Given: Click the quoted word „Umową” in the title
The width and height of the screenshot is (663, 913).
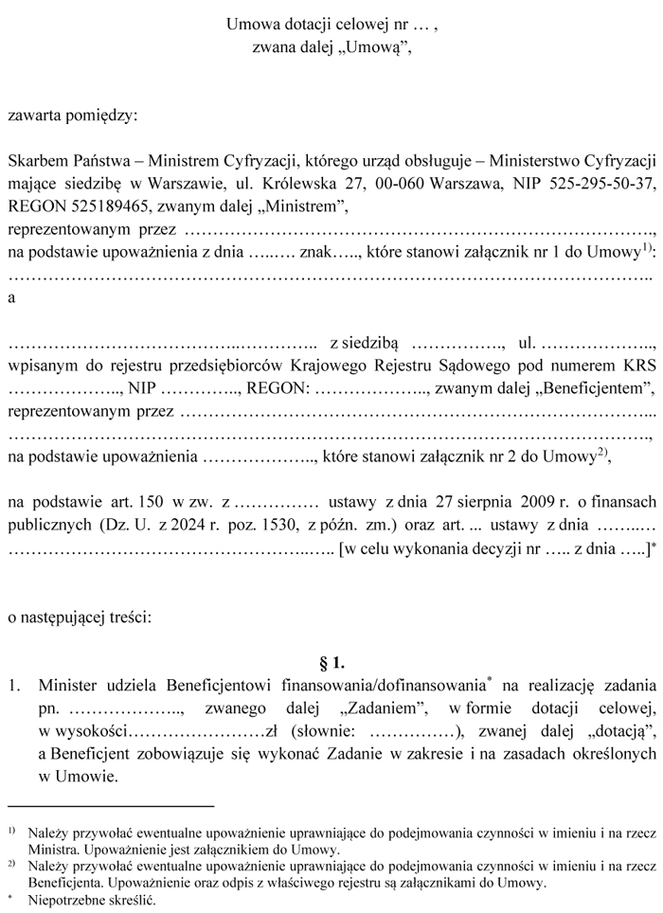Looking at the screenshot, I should [376, 47].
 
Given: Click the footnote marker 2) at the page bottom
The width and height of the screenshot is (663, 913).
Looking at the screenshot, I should [10, 865].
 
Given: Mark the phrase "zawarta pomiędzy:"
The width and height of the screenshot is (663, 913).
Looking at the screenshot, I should [72, 117].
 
